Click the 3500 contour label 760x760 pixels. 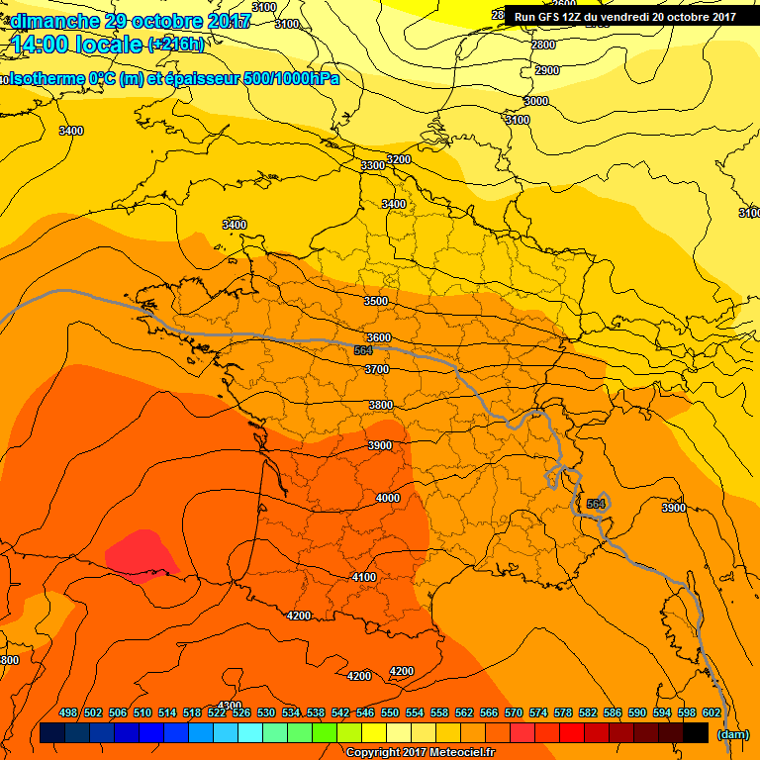click(x=376, y=301)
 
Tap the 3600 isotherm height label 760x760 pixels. click(x=378, y=337)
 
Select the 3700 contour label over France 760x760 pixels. click(x=376, y=369)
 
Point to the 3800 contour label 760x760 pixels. click(x=380, y=405)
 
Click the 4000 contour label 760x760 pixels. click(x=388, y=498)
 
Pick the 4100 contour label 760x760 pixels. click(x=364, y=577)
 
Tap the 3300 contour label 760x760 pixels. click(x=373, y=165)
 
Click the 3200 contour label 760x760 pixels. click(x=398, y=159)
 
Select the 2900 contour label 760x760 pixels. click(x=546, y=70)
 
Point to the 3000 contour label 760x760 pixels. click(x=535, y=101)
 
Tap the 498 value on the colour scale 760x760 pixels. click(x=68, y=712)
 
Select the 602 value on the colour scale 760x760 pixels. click(x=711, y=712)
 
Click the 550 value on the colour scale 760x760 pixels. click(x=389, y=712)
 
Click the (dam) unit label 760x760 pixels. click(x=732, y=734)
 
